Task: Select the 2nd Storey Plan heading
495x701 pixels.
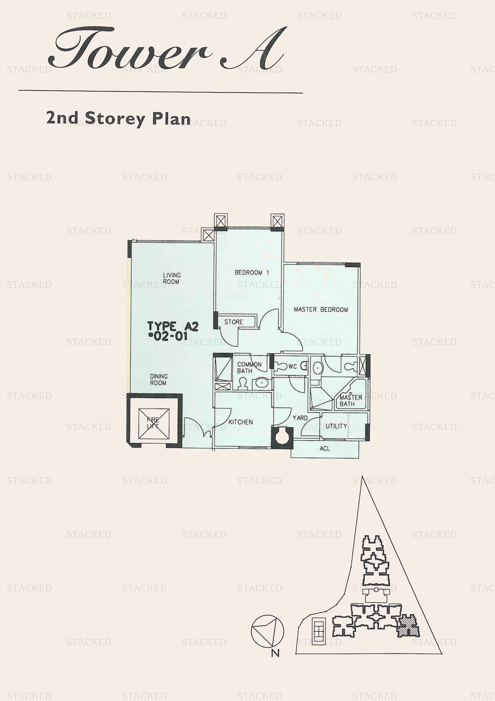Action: pos(118,118)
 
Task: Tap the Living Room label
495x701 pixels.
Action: pos(171,278)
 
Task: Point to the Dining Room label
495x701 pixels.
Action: pos(159,379)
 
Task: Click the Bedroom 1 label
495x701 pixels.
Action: pos(252,272)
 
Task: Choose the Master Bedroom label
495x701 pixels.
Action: pos(321,310)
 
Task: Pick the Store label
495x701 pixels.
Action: pos(234,322)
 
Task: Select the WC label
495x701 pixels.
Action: pos(292,366)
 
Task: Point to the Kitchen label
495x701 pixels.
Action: pos(241,422)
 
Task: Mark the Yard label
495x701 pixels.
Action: pos(300,418)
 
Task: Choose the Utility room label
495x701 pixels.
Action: pos(336,426)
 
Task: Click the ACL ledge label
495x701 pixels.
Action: pos(325,448)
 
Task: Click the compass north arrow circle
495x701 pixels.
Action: pos(267,631)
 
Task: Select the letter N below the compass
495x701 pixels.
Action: pos(275,653)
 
